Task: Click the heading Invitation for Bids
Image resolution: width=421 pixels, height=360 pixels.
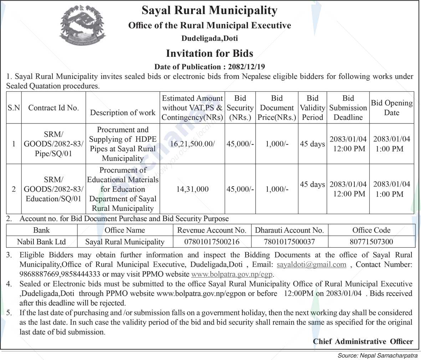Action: pos(210,54)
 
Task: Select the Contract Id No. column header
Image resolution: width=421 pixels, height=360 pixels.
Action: pos(53,108)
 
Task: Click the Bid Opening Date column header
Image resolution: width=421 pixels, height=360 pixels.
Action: pos(391,108)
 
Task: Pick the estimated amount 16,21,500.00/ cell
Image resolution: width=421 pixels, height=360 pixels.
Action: pos(192,144)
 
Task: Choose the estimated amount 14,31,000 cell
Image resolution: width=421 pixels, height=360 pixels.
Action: pos(192,189)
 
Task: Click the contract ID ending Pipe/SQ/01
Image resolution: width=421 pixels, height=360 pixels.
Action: pos(53,144)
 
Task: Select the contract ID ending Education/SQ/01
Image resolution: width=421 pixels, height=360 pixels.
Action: pos(53,189)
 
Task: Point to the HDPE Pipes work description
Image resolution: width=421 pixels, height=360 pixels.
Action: pos(123,144)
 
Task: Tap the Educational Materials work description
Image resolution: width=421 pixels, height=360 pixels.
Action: pos(123,189)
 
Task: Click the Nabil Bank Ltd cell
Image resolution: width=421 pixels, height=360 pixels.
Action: pos(41,242)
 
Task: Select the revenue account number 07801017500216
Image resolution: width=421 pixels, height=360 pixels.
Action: pos(212,242)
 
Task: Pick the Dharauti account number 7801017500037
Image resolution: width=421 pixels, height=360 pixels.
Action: pos(289,242)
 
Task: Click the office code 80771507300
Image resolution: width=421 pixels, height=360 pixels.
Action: pos(371,242)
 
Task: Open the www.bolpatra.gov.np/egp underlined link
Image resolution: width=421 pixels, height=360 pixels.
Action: pos(232,274)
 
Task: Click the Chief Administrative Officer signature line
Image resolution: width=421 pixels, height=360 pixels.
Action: pos(363,341)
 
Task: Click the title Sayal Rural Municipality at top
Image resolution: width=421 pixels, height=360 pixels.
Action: pos(210,10)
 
